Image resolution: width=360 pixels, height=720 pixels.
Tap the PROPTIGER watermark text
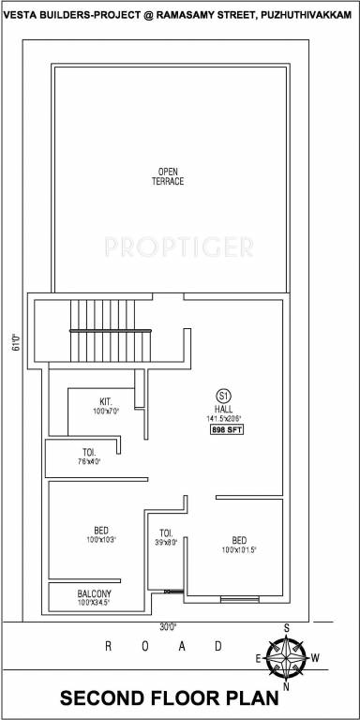[x=179, y=247]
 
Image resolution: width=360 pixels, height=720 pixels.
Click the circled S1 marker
[x=223, y=395]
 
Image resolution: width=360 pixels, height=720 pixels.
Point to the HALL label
[x=223, y=409]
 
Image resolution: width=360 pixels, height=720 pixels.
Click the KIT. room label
[x=105, y=401]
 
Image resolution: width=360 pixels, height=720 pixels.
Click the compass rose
[x=288, y=658]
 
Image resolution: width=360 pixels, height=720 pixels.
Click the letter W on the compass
[x=317, y=658]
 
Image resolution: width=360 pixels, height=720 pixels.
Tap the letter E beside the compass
[x=258, y=659]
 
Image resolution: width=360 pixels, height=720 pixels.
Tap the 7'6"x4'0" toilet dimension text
[x=90, y=461]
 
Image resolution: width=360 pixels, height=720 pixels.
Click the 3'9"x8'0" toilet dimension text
[x=166, y=541]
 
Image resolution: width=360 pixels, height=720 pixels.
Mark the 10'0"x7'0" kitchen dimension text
[x=105, y=412]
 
